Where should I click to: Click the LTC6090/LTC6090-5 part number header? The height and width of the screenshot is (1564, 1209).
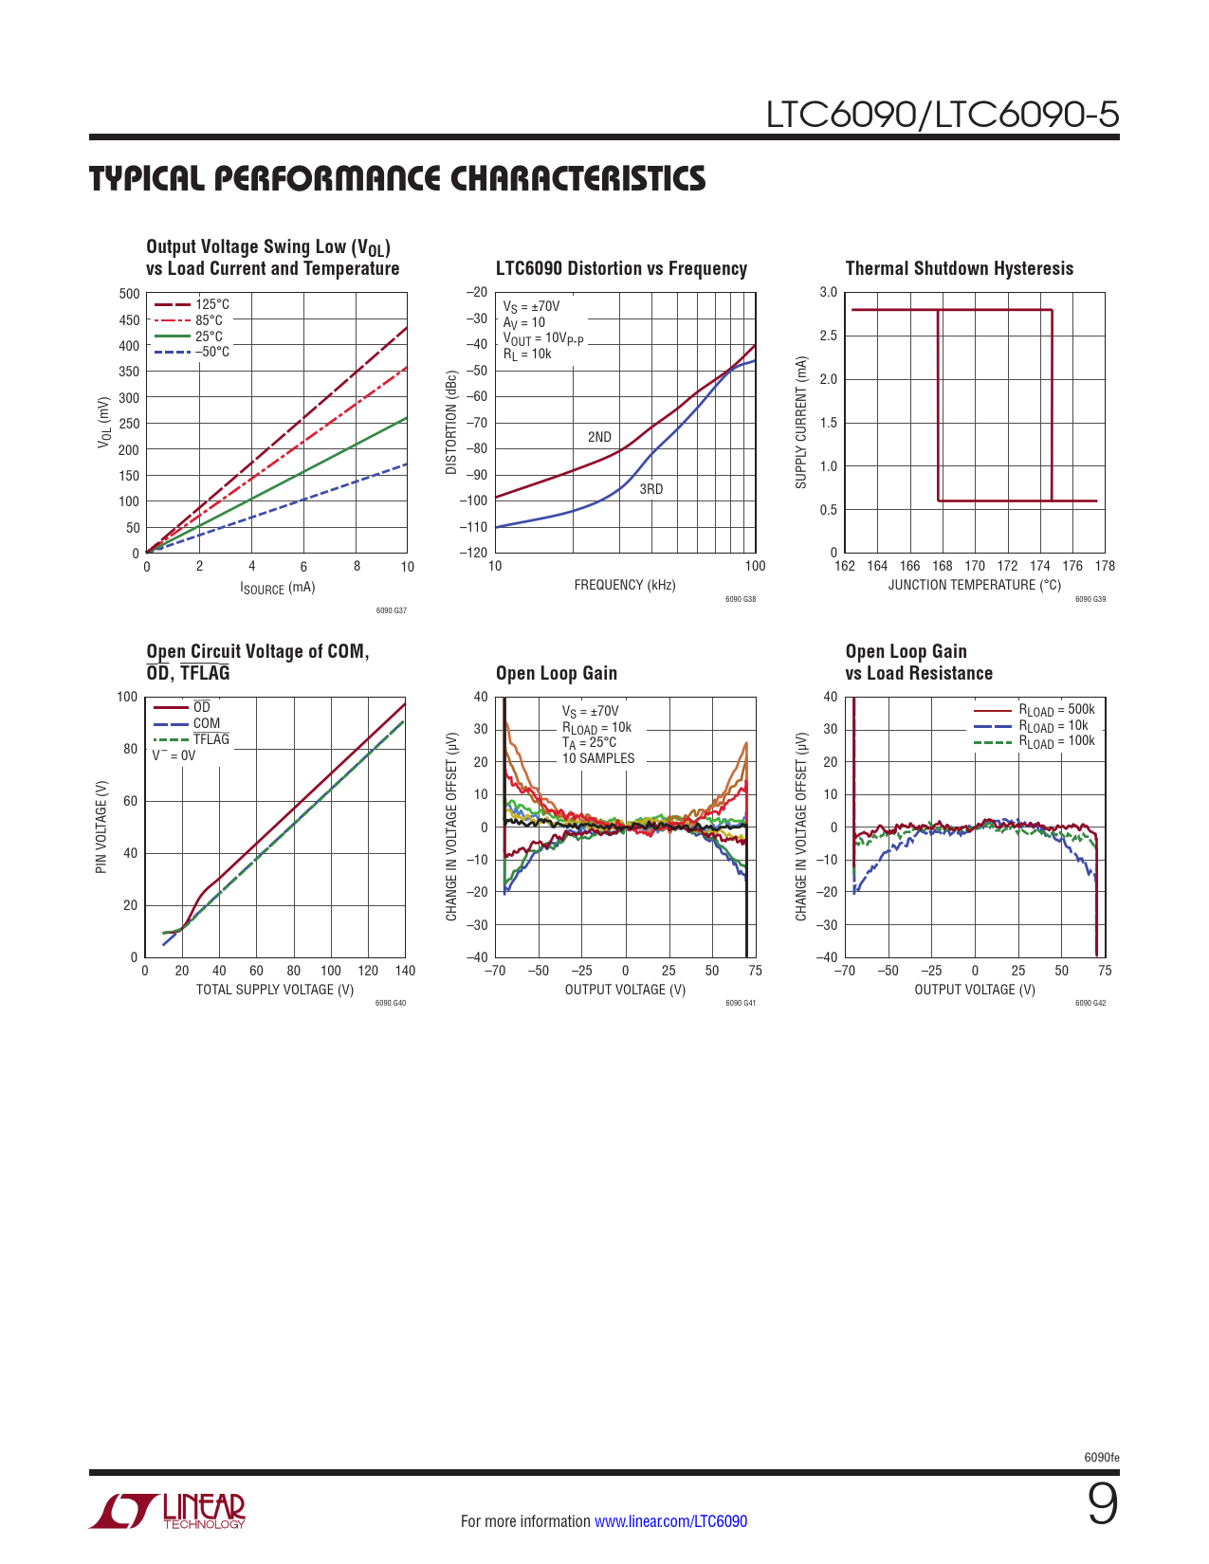[942, 115]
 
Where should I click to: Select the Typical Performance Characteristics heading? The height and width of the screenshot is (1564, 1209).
[397, 178]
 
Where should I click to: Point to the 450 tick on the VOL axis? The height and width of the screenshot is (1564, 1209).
[129, 320]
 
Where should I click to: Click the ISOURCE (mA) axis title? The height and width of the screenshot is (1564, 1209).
[277, 588]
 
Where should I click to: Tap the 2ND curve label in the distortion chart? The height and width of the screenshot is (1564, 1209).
[599, 437]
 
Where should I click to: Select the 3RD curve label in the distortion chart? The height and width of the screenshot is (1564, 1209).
[650, 489]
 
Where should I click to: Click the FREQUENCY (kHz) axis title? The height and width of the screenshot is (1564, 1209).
[625, 585]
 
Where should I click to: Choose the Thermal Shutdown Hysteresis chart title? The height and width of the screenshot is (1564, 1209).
[959, 268]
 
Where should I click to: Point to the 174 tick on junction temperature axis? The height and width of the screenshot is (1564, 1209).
[1040, 566]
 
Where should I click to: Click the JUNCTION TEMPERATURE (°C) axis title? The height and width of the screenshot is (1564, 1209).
[974, 585]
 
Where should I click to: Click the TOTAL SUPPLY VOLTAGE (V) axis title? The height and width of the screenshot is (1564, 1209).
[275, 990]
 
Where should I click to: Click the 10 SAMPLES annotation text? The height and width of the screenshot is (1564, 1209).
[598, 758]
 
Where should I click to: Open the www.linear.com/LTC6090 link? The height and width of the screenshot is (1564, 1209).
[670, 1521]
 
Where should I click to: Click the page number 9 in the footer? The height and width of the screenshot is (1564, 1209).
[1102, 1505]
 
